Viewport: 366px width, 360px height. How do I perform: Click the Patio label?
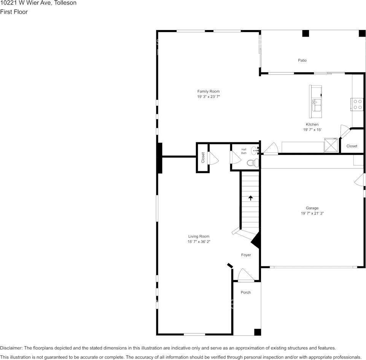(x=302, y=61)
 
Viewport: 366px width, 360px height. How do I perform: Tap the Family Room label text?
(x=208, y=91)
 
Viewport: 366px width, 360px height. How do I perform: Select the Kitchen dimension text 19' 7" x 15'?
(x=312, y=130)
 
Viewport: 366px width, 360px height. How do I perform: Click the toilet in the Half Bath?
(x=252, y=163)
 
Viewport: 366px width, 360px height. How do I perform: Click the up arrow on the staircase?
(x=250, y=198)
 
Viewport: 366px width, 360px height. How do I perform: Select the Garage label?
(x=312, y=208)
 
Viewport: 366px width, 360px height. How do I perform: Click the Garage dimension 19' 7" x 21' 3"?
(x=312, y=213)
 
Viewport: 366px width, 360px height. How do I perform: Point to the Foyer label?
(x=246, y=255)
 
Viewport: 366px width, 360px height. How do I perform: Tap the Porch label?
(x=246, y=293)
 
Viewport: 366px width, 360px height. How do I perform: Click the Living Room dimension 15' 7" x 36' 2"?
(x=198, y=242)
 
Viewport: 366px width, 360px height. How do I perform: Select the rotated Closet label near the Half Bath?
(x=203, y=158)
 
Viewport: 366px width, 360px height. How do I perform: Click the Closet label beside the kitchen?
(x=352, y=146)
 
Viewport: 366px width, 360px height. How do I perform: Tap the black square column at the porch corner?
(x=258, y=332)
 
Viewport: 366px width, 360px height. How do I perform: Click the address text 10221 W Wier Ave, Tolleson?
(x=38, y=3)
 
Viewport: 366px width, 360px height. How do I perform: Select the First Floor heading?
(x=14, y=12)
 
